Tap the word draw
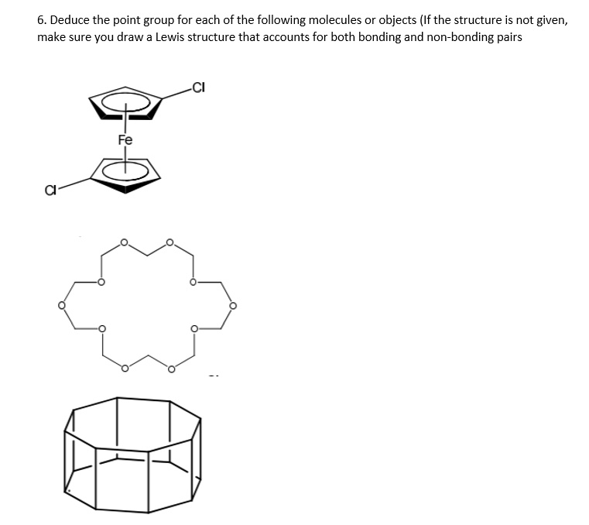pyautogui.click(x=125, y=37)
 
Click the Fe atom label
pyautogui.click(x=125, y=140)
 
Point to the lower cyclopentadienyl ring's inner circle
pyautogui.click(x=125, y=170)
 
